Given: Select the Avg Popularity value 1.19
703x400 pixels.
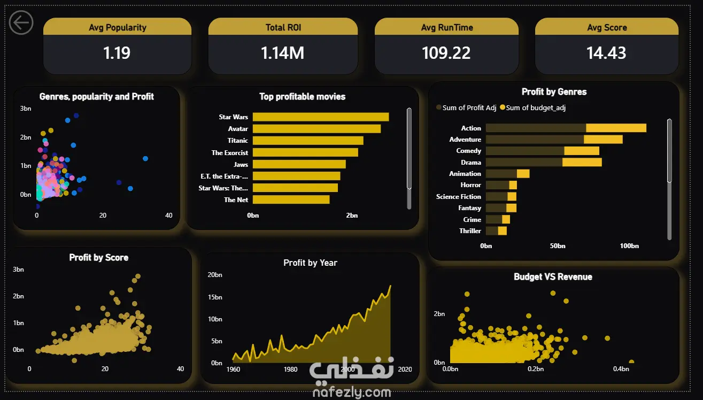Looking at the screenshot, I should click(117, 53).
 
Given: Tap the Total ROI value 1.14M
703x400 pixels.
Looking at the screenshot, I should click(283, 53).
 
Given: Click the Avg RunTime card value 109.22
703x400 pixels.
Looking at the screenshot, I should click(446, 53).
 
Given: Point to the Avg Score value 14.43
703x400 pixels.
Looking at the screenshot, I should click(606, 53).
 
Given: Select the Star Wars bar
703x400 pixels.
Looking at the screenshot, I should click(320, 117).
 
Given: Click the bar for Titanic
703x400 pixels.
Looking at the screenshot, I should click(307, 141).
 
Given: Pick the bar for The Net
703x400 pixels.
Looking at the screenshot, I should click(291, 199).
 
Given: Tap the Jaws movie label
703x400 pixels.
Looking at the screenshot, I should click(241, 164).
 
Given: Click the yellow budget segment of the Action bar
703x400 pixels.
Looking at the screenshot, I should click(616, 128).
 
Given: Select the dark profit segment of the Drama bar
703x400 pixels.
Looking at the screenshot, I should click(524, 163).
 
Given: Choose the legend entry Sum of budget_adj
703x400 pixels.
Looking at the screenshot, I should click(535, 108).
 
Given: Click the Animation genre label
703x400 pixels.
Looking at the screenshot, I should click(465, 174).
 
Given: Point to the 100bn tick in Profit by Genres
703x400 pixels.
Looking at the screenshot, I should click(629, 246).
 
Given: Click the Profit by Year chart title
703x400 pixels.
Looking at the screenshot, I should click(310, 263).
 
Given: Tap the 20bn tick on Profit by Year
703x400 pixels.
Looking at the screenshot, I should click(215, 275).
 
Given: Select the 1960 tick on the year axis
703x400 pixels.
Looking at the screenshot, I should click(233, 370).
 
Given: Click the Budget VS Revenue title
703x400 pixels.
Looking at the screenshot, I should click(553, 276).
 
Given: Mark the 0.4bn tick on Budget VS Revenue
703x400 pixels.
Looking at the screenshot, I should click(621, 369).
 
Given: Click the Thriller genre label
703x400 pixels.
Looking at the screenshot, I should click(470, 231).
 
